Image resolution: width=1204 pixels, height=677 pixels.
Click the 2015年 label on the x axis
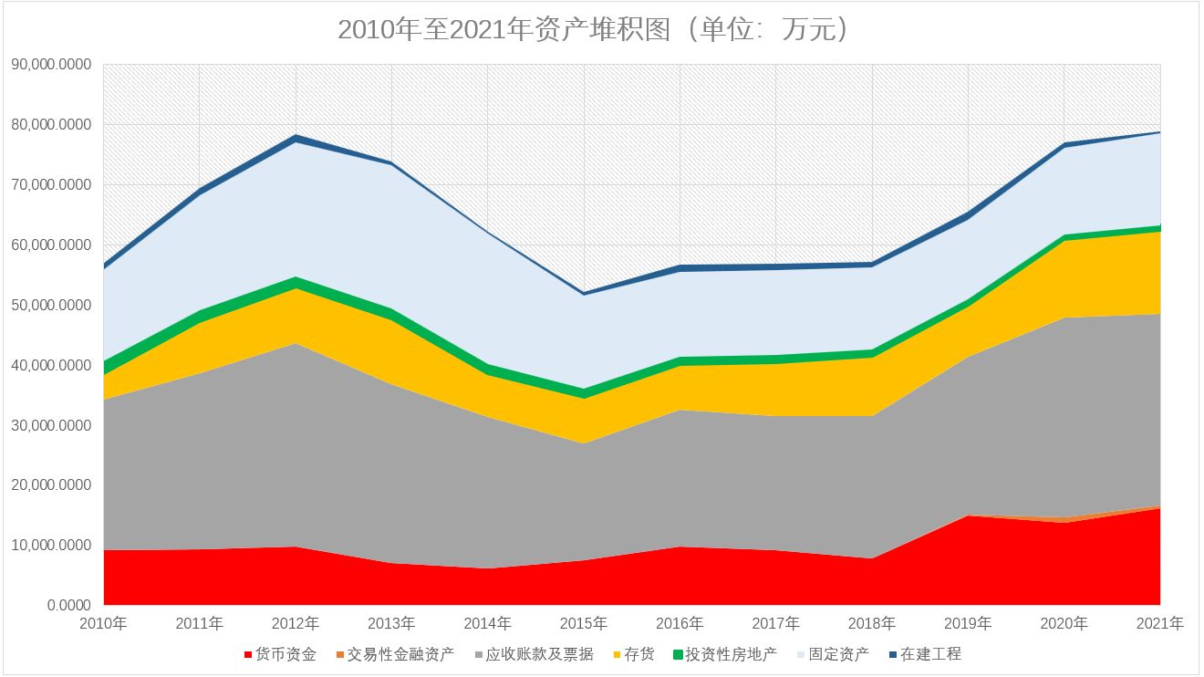point(584,624)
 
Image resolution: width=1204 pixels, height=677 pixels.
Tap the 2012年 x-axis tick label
point(296,624)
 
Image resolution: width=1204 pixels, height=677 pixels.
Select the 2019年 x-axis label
point(968,624)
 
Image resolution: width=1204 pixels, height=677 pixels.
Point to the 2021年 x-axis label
point(1160,624)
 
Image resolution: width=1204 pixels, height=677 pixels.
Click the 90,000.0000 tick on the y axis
point(51,64)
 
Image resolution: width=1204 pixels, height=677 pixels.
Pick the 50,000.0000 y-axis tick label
point(51,305)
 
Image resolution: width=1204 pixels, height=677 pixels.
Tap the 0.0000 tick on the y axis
point(68,605)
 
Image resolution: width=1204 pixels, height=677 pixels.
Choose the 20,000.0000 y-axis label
point(51,484)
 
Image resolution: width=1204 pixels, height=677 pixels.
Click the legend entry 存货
point(639,654)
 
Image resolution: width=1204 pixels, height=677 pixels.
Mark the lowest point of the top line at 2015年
point(584,293)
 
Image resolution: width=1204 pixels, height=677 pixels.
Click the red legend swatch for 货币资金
point(248,655)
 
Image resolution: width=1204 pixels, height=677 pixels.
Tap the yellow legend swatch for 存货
point(617,655)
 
